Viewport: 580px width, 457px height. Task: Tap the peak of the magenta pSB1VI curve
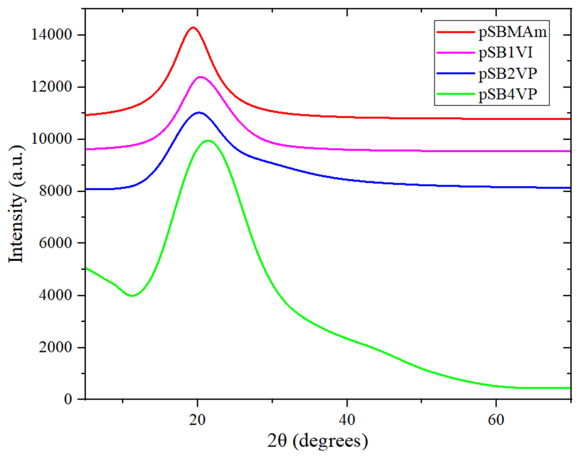pyautogui.click(x=200, y=77)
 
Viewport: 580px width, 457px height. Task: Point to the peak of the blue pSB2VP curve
pyautogui.click(x=199, y=113)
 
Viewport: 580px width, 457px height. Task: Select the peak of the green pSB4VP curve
pyautogui.click(x=208, y=140)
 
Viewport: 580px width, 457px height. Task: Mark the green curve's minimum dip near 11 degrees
pyautogui.click(x=132, y=296)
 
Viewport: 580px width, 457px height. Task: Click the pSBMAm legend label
pyautogui.click(x=513, y=33)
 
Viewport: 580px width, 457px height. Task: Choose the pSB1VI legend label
pyautogui.click(x=506, y=53)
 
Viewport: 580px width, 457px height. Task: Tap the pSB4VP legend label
pyautogui.click(x=508, y=94)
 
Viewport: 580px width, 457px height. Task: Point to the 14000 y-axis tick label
pyautogui.click(x=52, y=35)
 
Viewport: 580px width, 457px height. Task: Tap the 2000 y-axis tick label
pyautogui.click(x=55, y=348)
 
